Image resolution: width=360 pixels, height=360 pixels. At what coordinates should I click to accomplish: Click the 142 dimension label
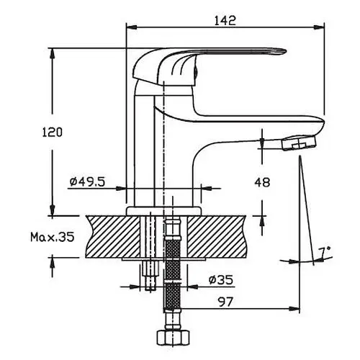pyautogui.click(x=225, y=20)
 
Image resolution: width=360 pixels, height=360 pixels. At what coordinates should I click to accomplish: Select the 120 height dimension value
pyautogui.click(x=52, y=132)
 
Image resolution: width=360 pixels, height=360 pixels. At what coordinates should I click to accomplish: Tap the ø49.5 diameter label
pyautogui.click(x=87, y=181)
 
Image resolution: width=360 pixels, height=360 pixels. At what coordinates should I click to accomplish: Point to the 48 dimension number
pyautogui.click(x=262, y=182)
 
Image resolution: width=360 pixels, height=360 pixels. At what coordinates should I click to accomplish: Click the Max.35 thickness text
pyautogui.click(x=53, y=237)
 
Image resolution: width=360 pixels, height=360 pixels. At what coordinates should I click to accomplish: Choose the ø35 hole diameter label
pyautogui.click(x=221, y=280)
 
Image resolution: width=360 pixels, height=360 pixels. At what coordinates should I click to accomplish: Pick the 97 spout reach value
pyautogui.click(x=225, y=302)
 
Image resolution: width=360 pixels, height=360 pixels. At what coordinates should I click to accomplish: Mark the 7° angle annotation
pyautogui.click(x=325, y=252)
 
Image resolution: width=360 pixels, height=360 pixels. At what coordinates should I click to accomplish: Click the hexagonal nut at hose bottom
pyautogui.click(x=173, y=337)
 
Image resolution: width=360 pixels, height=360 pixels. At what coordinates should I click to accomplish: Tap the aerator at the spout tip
pyautogui.click(x=299, y=143)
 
